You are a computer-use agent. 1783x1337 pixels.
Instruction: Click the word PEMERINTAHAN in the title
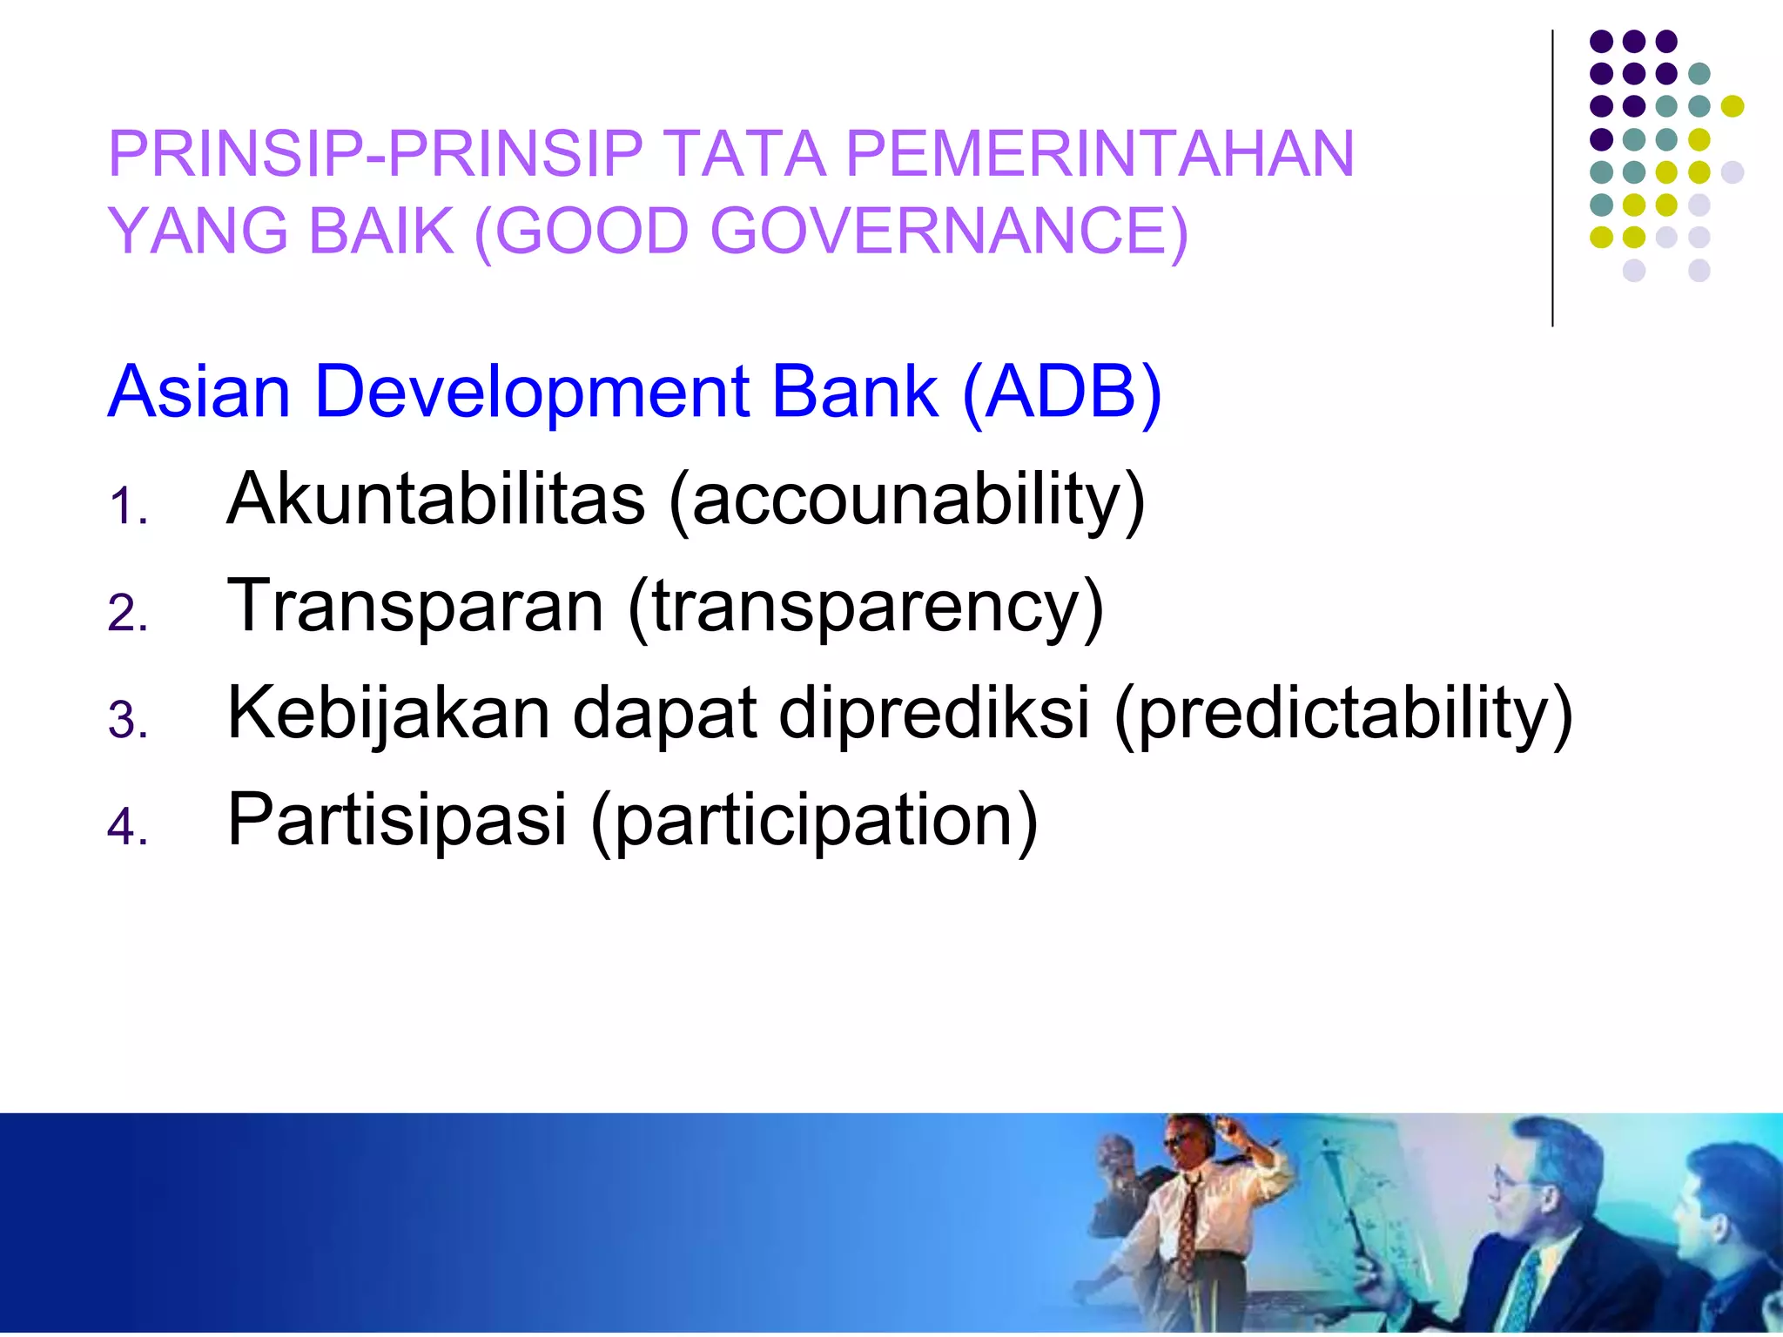1100,154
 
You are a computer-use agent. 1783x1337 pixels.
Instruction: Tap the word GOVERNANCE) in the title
949,232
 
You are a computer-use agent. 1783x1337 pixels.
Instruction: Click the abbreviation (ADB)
1062,392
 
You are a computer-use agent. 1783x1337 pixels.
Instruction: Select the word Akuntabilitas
435,499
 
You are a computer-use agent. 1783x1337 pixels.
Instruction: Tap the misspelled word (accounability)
906,501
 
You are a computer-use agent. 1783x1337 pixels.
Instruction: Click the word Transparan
415,606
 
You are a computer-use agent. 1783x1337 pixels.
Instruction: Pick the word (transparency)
865,608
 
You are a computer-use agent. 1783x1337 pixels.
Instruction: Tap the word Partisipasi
397,820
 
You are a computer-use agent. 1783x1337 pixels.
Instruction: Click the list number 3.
127,721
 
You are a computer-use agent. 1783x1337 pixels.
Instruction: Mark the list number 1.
127,507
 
